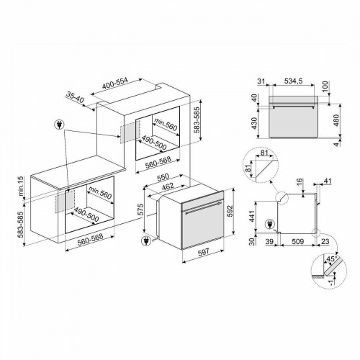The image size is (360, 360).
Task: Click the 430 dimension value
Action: [253, 123]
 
